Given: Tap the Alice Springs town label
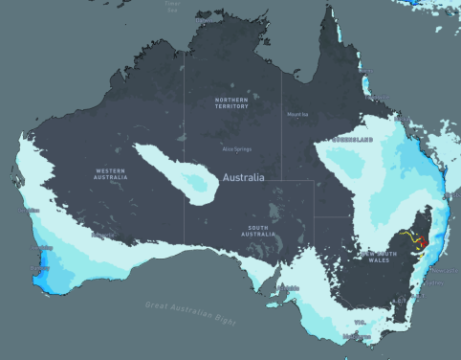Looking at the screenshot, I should click(x=235, y=149).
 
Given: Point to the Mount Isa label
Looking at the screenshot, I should click(x=297, y=115).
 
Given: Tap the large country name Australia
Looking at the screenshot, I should click(x=243, y=178).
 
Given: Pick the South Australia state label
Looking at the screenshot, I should click(x=260, y=232).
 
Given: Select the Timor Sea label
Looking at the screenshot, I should click(x=172, y=6).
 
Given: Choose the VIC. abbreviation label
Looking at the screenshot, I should click(x=361, y=323).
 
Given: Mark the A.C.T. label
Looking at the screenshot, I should click(x=405, y=300).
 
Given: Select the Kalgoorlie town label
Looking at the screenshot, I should click(x=99, y=233).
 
